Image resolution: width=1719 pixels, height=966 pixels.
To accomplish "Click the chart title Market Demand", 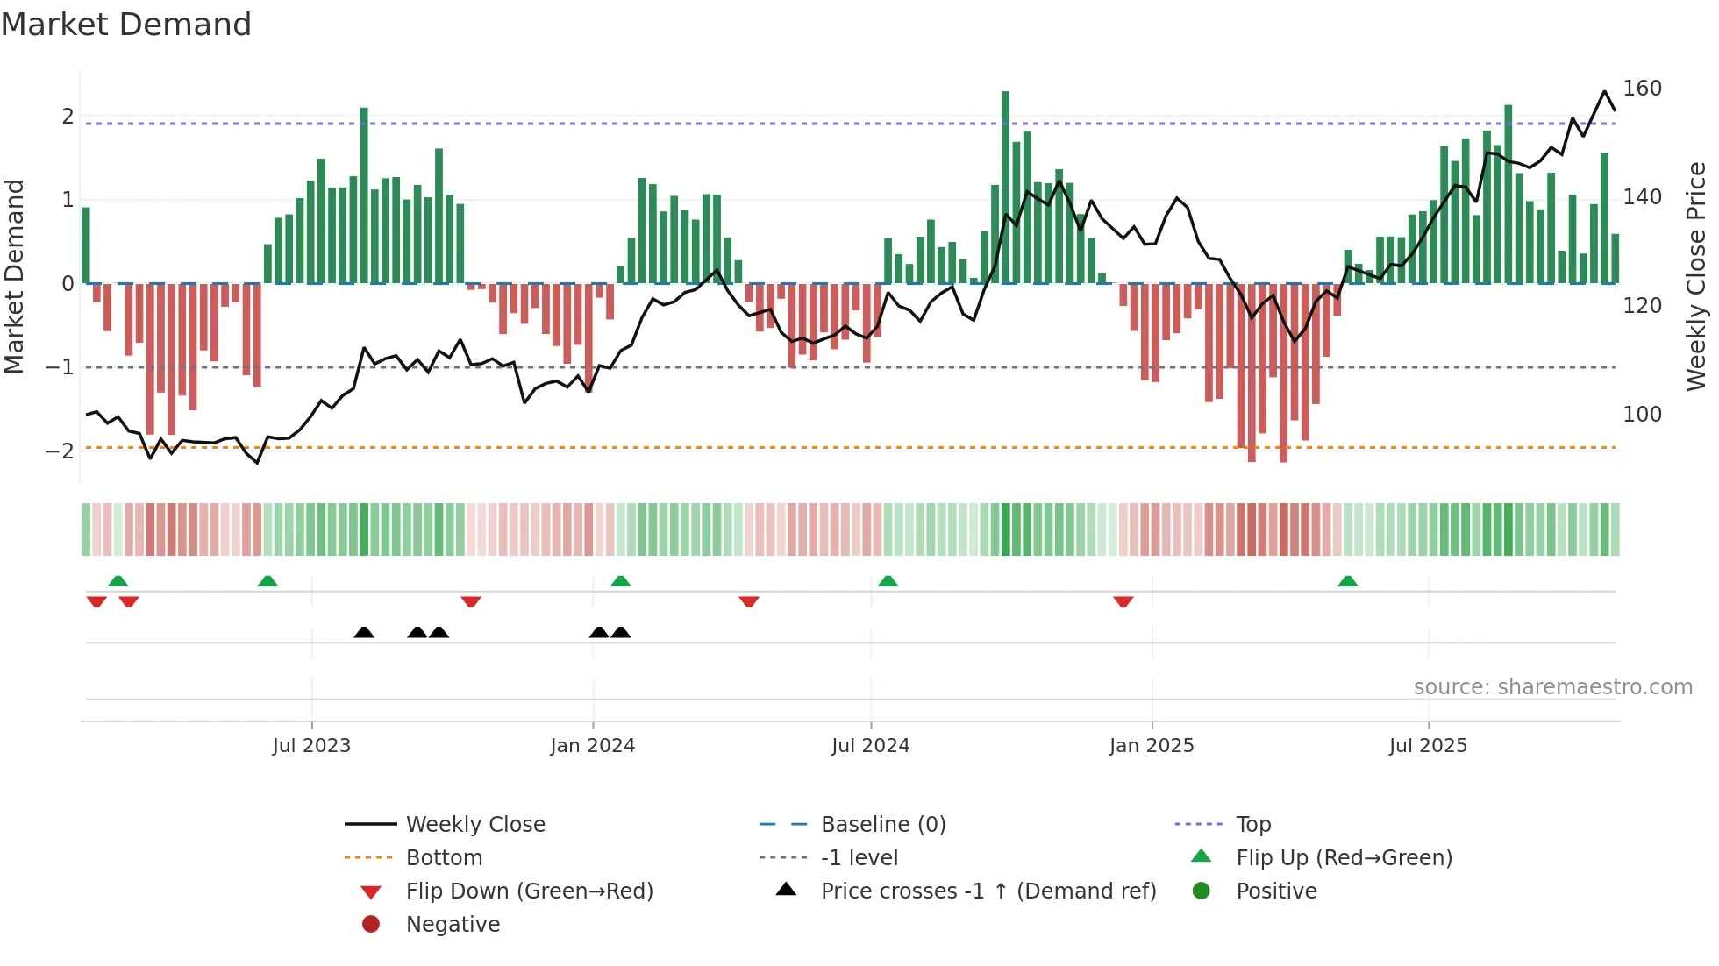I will [126, 25].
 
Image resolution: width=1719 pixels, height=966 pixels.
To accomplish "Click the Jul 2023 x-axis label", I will [311, 746].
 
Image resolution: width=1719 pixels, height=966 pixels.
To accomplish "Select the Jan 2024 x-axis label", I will [592, 746].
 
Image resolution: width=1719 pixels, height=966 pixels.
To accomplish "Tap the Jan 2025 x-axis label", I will [1151, 746].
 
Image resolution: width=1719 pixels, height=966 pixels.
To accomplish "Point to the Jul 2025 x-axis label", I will [1428, 746].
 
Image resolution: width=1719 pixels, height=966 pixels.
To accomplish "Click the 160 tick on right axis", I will [1642, 89].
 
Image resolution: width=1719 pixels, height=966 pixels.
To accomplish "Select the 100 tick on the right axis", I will [1642, 415].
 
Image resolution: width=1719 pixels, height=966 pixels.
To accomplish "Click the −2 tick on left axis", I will [60, 451].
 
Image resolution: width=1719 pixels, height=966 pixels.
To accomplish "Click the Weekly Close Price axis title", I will [1696, 276].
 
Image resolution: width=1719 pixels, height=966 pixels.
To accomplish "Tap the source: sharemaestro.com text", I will [1552, 687].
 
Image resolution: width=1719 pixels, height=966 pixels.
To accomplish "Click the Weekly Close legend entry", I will [474, 825].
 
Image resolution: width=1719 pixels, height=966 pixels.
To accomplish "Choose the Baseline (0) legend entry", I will [882, 825].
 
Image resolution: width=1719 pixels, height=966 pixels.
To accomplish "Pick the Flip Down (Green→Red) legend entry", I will [529, 891].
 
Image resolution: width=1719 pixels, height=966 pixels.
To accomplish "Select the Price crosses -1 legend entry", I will [988, 891].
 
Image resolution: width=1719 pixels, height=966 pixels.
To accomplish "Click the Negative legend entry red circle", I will [371, 925].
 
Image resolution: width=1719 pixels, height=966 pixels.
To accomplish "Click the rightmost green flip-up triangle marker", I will [1348, 581].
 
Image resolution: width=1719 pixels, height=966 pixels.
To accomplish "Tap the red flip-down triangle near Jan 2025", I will [1123, 601].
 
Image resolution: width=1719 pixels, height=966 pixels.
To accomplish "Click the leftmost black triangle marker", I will [364, 632].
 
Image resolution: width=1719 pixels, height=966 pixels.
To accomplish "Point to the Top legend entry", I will [1252, 825].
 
